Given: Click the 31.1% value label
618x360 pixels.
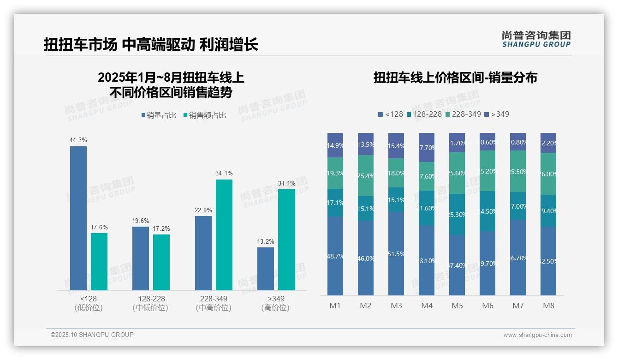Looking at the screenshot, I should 287,183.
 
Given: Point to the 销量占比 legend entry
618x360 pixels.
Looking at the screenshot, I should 159,115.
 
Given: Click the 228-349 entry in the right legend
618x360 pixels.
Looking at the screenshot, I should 463,114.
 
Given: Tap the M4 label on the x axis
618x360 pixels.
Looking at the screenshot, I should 427,306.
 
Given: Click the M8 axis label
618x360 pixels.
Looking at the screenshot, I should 549,306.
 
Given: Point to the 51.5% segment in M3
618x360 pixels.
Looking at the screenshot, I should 396,253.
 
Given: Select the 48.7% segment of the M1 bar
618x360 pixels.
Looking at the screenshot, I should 335,256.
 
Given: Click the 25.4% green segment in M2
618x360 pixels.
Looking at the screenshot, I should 366,175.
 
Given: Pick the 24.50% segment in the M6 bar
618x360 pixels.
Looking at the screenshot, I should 487,211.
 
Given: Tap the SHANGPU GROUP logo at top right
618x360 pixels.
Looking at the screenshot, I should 536,39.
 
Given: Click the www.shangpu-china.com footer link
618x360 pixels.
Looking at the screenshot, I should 537,335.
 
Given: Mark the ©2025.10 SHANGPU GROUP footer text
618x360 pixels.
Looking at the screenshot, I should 92,335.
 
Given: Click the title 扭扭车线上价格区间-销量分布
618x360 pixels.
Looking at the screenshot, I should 455,78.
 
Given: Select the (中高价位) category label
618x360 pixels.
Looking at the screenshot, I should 214,308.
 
